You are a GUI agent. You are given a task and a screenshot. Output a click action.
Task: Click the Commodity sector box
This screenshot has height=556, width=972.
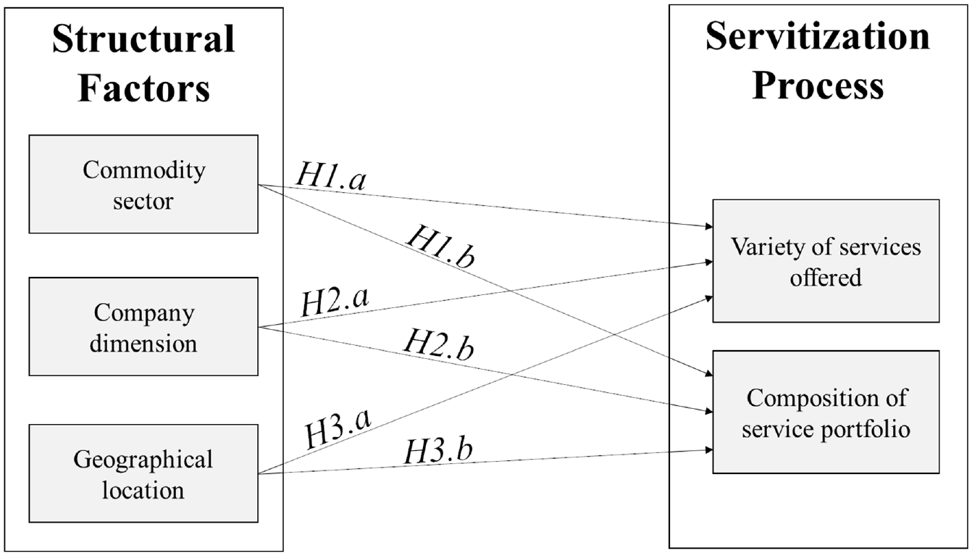coord(143,184)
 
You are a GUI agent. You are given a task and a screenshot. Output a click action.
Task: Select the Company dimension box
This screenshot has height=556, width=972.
coord(143,327)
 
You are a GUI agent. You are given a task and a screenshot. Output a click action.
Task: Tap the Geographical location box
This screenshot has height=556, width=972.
coord(143,473)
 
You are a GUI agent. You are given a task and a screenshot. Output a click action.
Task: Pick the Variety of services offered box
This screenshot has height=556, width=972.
coord(826,261)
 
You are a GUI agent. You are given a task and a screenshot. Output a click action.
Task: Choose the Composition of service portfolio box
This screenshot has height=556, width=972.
coord(826,412)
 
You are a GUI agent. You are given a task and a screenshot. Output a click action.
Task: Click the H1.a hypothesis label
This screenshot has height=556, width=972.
coord(331,176)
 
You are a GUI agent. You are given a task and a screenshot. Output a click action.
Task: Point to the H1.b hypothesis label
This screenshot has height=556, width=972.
coord(440,246)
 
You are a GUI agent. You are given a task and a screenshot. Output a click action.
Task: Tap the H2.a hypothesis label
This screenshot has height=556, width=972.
coord(335,301)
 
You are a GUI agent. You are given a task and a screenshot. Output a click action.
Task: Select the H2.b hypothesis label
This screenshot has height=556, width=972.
coord(439,344)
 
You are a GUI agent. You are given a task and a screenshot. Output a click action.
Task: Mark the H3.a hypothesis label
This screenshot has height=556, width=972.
coord(338,428)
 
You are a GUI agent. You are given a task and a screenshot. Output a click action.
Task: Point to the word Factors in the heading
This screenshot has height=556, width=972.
coord(143,88)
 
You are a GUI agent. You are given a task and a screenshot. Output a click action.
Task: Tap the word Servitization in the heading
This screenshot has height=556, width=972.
coord(818,36)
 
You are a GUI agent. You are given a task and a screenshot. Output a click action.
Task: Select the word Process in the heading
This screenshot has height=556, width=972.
coord(818,86)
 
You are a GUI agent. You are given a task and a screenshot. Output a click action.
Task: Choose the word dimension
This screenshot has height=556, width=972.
coord(143,344)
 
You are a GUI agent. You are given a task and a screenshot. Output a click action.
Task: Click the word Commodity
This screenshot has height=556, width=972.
coord(144,170)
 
